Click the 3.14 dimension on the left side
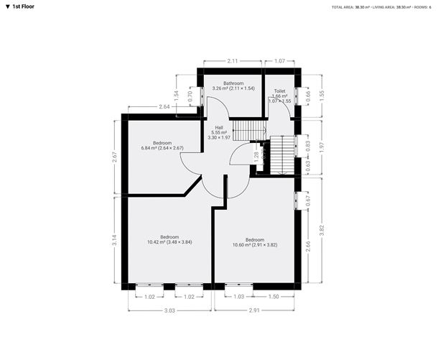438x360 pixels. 114,240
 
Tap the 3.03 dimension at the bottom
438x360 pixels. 169,309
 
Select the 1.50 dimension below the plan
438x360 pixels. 274,296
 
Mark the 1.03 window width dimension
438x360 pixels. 239,296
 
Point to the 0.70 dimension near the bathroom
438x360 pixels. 190,94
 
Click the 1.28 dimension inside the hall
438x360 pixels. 256,155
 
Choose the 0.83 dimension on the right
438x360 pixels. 307,145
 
